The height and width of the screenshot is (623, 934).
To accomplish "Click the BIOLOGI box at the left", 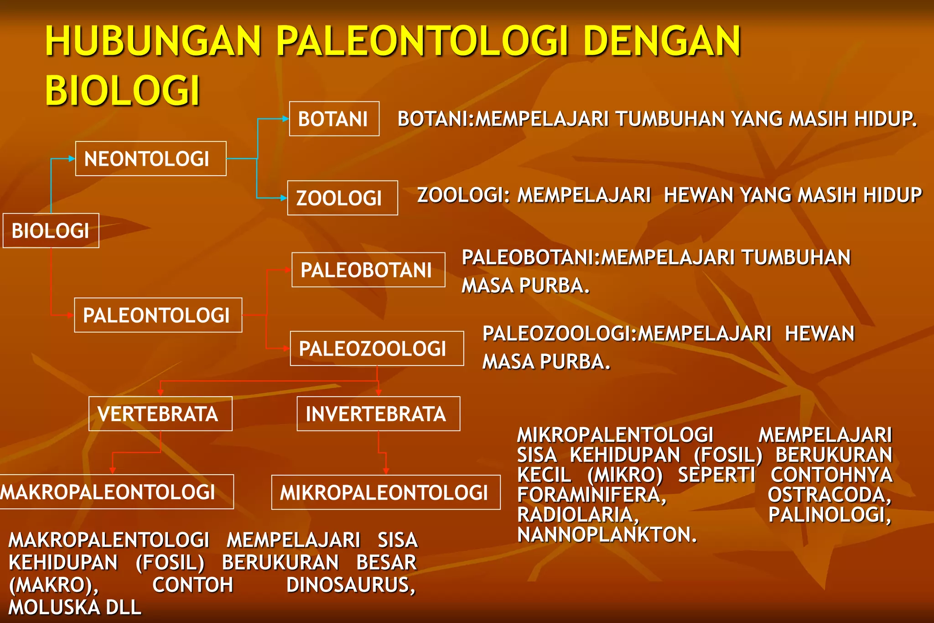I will [x=51, y=230].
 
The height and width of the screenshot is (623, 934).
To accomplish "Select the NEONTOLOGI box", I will [x=150, y=159].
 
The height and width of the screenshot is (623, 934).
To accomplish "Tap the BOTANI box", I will [x=334, y=119].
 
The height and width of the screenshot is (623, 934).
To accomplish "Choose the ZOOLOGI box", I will [x=342, y=198].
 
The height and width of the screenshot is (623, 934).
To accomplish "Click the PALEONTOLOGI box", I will [x=158, y=315].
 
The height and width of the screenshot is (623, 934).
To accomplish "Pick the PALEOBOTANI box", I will [x=368, y=270].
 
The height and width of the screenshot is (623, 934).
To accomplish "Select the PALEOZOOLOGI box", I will [x=376, y=349].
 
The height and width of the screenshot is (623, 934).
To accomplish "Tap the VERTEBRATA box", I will [x=160, y=414].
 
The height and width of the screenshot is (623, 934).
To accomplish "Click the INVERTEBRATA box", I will [x=378, y=414].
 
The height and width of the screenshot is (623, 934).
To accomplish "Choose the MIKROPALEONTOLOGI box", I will [x=385, y=492].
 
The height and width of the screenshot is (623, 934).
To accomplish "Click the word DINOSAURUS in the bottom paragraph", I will [x=351, y=585].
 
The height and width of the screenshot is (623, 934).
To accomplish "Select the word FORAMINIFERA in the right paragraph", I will [x=592, y=495].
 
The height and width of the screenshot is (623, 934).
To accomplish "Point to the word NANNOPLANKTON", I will [x=607, y=534].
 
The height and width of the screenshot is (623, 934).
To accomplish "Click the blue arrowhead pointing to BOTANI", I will [x=285, y=119].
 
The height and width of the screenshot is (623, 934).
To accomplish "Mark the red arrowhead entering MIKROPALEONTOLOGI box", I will [x=386, y=471].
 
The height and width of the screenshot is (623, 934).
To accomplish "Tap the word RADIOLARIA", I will [x=578, y=515].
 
